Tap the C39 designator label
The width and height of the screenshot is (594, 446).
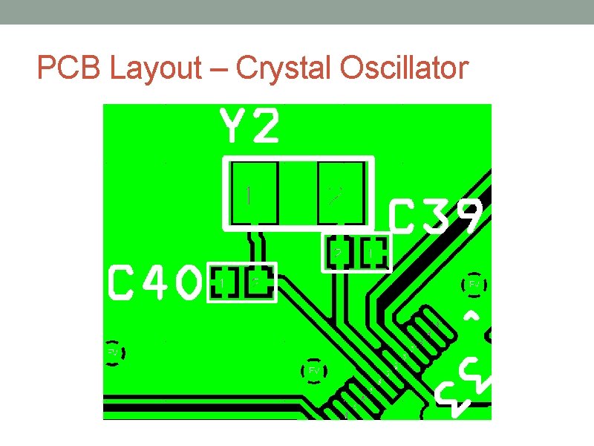437,217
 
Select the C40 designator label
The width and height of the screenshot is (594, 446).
155,283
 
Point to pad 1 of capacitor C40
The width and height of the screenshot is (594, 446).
223,282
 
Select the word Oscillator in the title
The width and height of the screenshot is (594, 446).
404,68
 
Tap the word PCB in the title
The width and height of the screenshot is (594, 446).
70,68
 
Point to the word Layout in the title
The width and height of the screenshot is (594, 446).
155,68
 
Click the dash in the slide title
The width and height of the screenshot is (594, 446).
218,70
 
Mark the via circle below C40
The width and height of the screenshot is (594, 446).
114,352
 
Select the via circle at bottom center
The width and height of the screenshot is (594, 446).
314,370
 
